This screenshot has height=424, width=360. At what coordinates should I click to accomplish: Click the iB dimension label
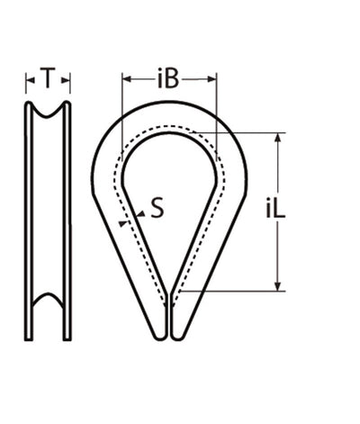tap(168, 79)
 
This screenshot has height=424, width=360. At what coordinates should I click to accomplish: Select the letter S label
tap(157, 211)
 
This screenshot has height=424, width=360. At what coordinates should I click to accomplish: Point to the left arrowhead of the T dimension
tap(30, 82)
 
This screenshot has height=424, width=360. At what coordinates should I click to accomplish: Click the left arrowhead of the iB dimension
tap(125, 79)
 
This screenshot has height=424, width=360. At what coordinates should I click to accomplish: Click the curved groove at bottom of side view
tap(49, 320)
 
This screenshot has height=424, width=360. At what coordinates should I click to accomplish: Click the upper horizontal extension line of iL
tap(243, 133)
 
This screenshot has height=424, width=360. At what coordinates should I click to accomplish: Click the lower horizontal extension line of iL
tap(234, 291)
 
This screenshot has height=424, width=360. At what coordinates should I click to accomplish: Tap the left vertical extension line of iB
tap(121, 99)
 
